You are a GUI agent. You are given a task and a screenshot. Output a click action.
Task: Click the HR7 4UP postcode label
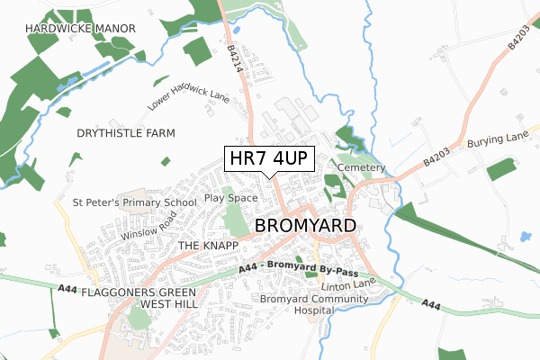point(269,159)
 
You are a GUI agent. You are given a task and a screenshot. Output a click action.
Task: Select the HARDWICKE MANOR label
point(81,29)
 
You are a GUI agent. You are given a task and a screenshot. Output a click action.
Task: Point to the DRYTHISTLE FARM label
point(126,132)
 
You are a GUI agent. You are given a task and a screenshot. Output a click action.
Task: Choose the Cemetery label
point(362,168)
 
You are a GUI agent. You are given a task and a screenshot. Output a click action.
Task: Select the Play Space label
point(231,197)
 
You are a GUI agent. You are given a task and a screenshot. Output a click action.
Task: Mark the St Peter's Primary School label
point(135,202)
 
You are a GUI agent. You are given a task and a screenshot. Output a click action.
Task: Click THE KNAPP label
point(208,245)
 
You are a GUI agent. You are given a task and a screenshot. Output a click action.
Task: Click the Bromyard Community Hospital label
point(298,304)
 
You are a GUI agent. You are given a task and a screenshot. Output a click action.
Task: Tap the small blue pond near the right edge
point(524,238)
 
